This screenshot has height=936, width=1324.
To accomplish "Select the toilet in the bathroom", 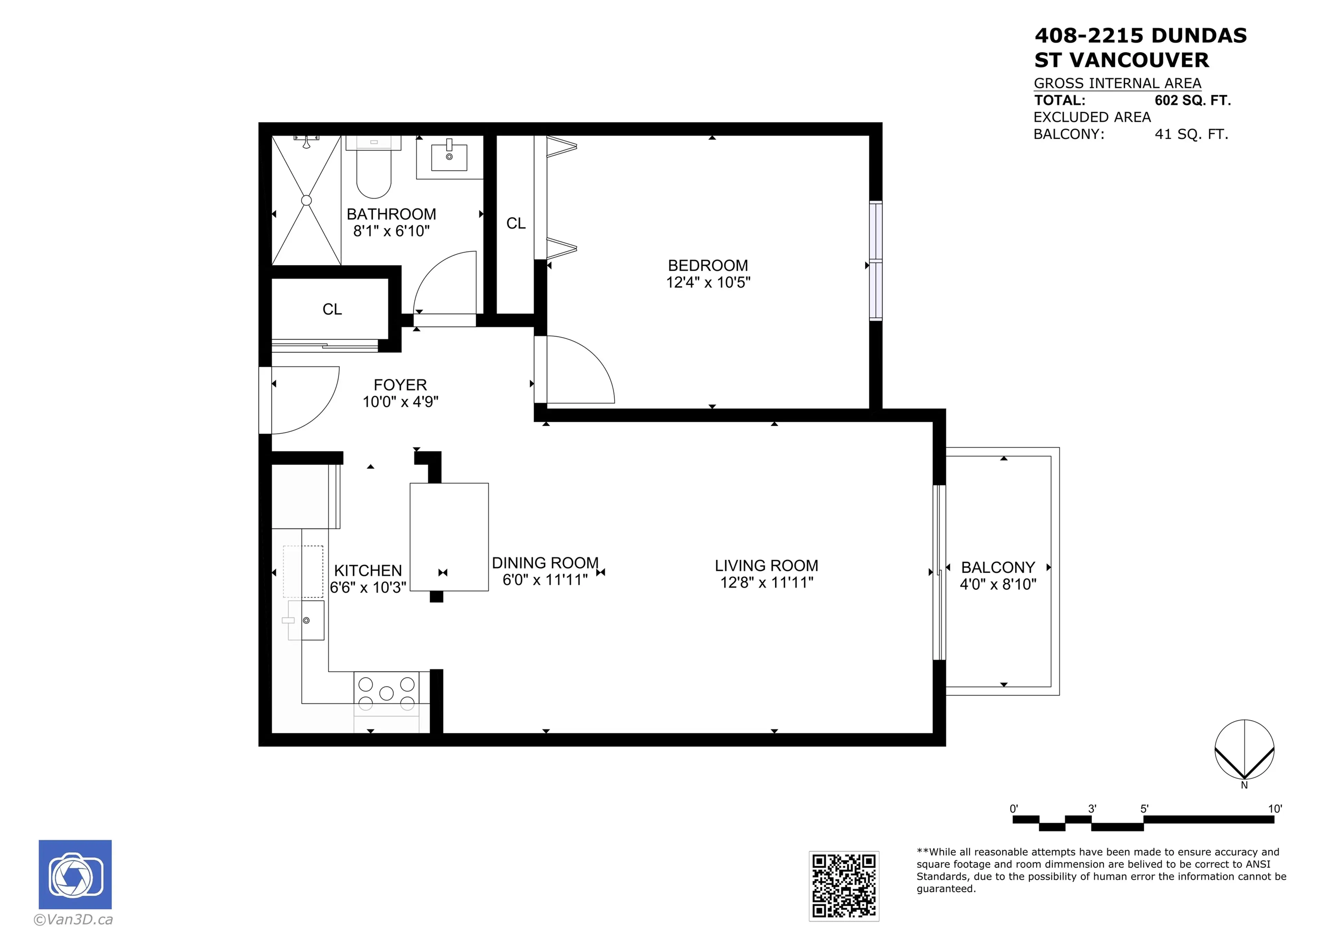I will click(374, 170).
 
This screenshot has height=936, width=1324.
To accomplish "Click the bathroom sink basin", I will click(449, 158).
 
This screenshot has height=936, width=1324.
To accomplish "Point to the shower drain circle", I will click(306, 200).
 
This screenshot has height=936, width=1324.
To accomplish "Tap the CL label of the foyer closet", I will click(332, 309).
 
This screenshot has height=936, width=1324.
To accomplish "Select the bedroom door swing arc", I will click(588, 363).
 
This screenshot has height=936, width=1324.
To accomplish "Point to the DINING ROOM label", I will click(545, 563).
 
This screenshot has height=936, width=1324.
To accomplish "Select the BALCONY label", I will click(997, 567).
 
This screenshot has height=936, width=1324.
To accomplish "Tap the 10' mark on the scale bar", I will click(1274, 808).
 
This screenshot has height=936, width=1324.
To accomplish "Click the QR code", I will click(844, 886).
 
